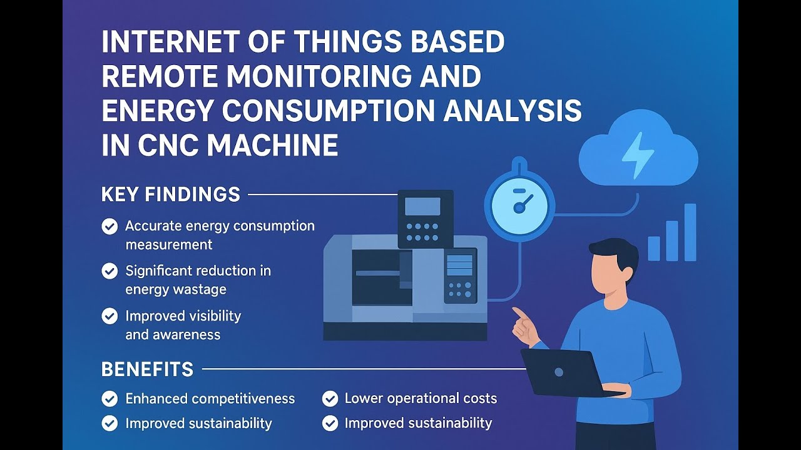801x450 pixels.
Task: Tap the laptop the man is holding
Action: coord(566,372)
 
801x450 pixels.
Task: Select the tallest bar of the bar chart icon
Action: coord(690,232)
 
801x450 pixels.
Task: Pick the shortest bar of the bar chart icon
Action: coord(654,248)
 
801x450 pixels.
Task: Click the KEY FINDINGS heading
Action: coord(170,194)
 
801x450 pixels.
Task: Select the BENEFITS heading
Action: coord(147,369)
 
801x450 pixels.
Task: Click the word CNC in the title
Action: coord(165,146)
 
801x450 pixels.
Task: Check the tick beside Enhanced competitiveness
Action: coord(110,399)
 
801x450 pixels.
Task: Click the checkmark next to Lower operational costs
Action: coord(330,399)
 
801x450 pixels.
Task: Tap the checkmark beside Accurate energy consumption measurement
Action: coord(110,226)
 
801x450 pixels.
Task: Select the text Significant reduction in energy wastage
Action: coord(198,280)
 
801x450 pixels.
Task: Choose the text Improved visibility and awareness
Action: coord(183,325)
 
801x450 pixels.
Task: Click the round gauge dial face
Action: coord(519,206)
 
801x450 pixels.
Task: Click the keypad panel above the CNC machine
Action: coord(426,219)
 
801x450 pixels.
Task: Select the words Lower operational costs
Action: coord(421,399)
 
